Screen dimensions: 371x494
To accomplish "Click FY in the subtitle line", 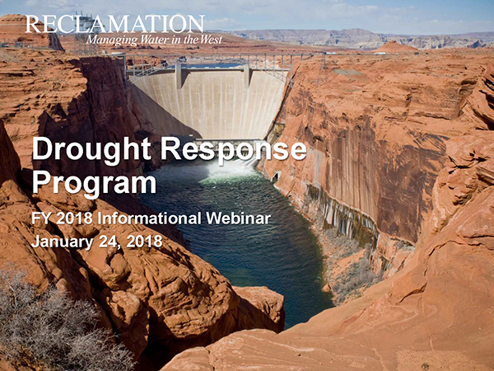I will tap(41, 218).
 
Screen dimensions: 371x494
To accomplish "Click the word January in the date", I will tap(62, 242).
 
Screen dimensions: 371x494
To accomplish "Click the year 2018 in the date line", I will tap(145, 242).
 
